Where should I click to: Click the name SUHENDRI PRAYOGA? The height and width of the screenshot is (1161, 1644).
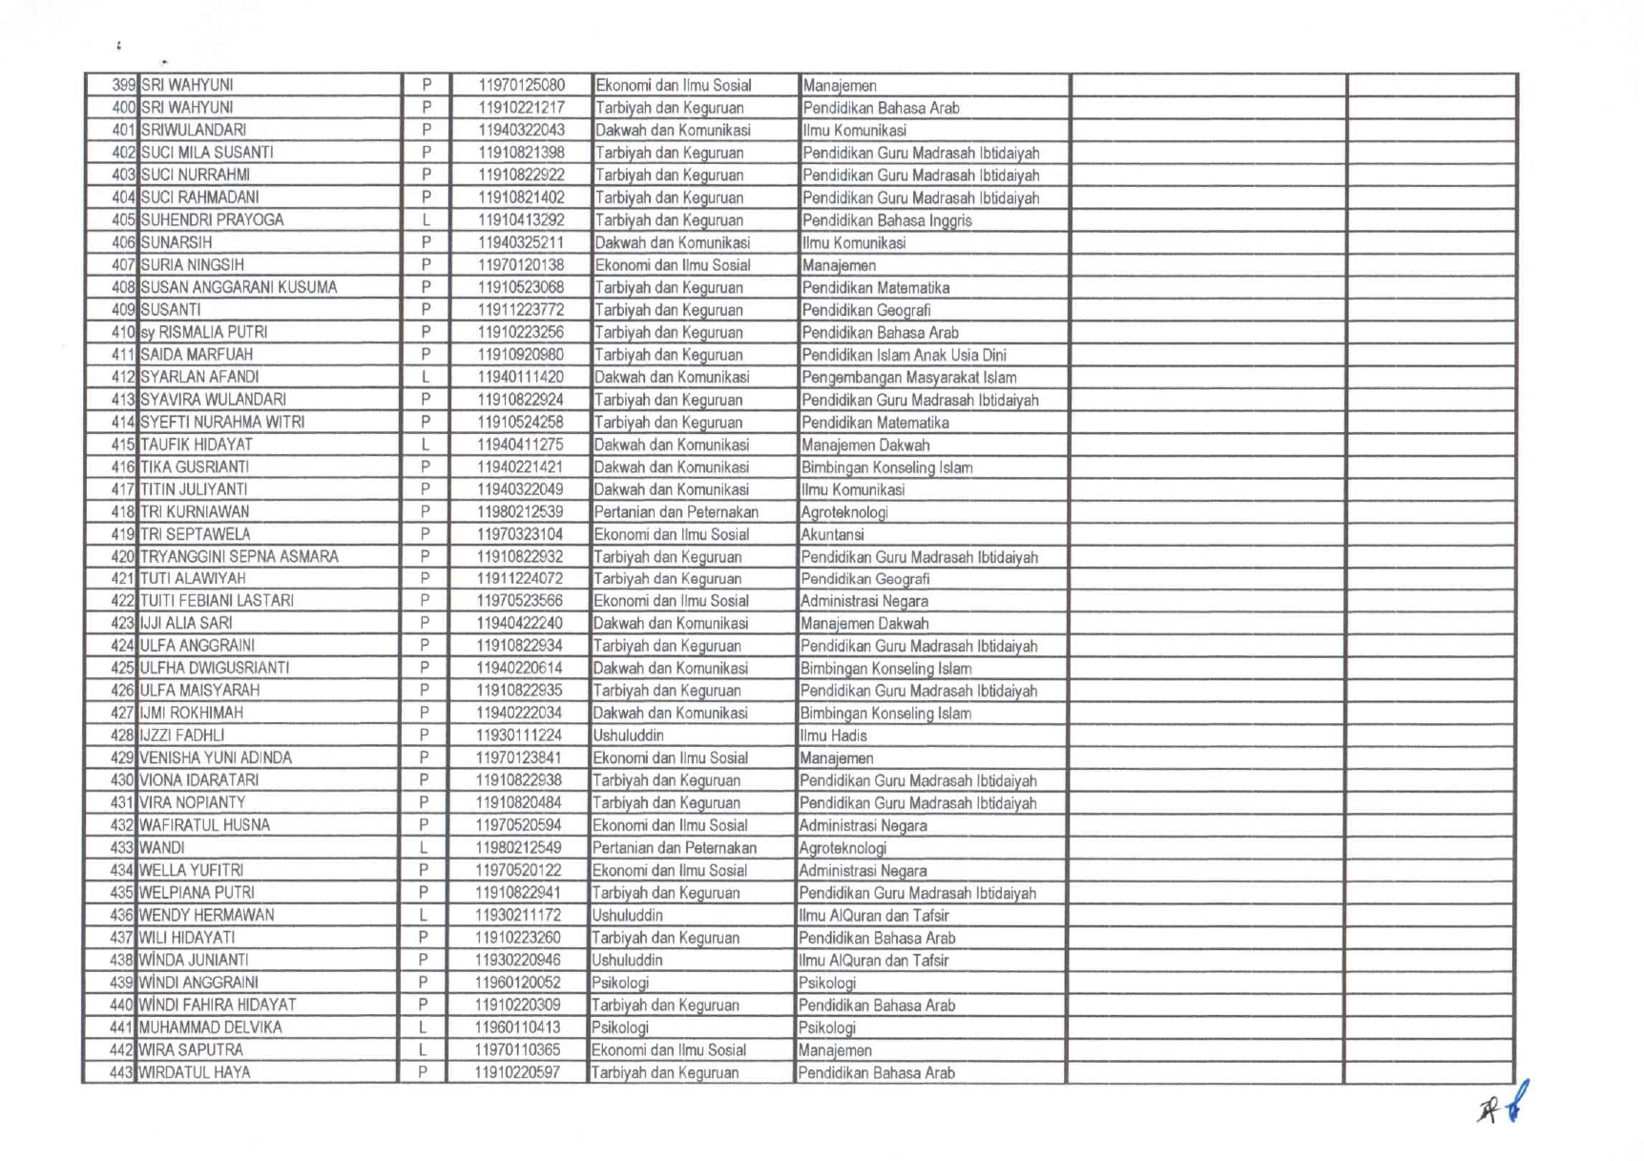click(x=212, y=220)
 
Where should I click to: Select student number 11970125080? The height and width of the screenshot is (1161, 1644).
click(x=521, y=85)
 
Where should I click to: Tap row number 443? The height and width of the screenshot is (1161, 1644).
click(x=121, y=1072)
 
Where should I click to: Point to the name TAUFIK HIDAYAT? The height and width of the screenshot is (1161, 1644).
click(x=196, y=445)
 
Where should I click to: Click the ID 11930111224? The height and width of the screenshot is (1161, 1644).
click(x=519, y=736)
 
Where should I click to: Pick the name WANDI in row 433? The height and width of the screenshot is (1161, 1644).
click(x=161, y=847)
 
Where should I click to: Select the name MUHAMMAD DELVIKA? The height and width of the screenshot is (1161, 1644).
click(x=210, y=1027)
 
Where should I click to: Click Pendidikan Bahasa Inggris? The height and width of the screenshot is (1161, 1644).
click(x=886, y=220)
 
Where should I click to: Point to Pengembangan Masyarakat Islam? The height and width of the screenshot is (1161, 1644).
click(x=908, y=378)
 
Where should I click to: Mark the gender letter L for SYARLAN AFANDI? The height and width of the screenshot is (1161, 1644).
click(x=426, y=378)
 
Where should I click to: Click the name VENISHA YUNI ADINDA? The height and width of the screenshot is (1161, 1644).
click(x=216, y=757)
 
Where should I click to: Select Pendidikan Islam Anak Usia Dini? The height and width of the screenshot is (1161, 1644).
click(x=904, y=355)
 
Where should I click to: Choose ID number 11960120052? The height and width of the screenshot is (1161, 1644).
click(x=518, y=983)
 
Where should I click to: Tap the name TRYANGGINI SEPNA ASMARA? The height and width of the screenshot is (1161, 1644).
click(x=239, y=556)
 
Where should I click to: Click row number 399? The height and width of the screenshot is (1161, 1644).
click(x=124, y=85)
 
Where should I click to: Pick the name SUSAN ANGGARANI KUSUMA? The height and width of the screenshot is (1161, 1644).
click(x=239, y=287)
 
